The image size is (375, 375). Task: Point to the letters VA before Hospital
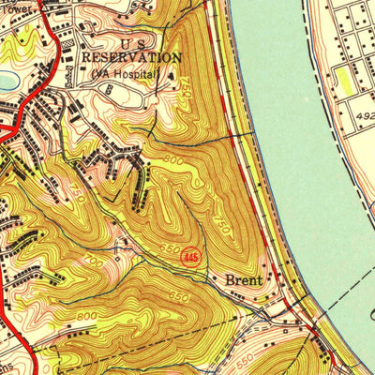112,73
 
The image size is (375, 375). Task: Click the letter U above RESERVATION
125,43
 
